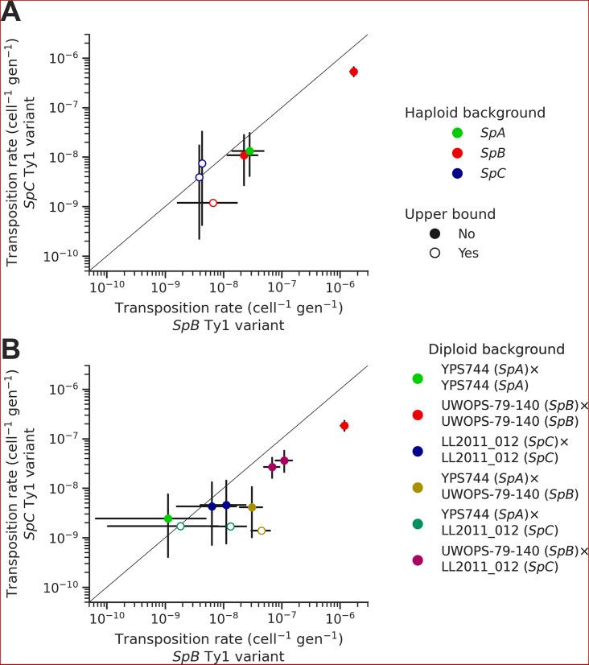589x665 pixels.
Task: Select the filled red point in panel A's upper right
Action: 353,72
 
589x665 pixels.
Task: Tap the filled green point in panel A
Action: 249,151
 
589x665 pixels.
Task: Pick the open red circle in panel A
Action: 213,203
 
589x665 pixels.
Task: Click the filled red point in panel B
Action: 344,425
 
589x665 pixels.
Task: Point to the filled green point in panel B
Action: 168,518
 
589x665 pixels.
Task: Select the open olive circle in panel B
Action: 262,531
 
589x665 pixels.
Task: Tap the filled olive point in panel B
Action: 252,507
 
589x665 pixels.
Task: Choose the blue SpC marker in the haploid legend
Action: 435,172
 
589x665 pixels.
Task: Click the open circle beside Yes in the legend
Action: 435,253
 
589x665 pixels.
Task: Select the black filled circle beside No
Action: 435,233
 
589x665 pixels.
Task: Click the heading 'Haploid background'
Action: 475,113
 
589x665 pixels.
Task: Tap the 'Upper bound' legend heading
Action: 450,214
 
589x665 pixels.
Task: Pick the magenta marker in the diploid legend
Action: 418,560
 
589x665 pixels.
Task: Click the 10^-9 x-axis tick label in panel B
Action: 165,618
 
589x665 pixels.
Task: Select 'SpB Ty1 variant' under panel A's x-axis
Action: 229,326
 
